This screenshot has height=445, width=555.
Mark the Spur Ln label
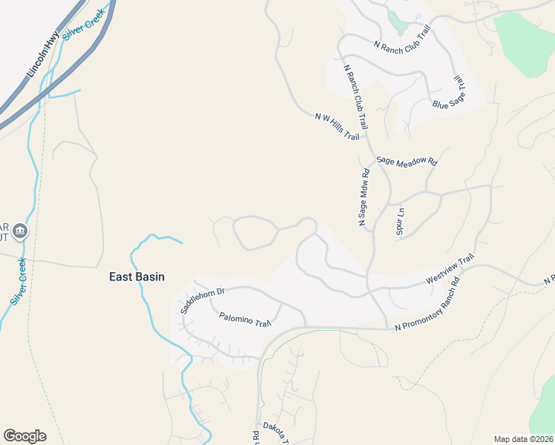click(x=400, y=221)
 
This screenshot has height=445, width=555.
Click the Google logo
click(x=24, y=436)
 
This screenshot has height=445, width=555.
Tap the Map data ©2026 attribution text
click(x=522, y=439)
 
